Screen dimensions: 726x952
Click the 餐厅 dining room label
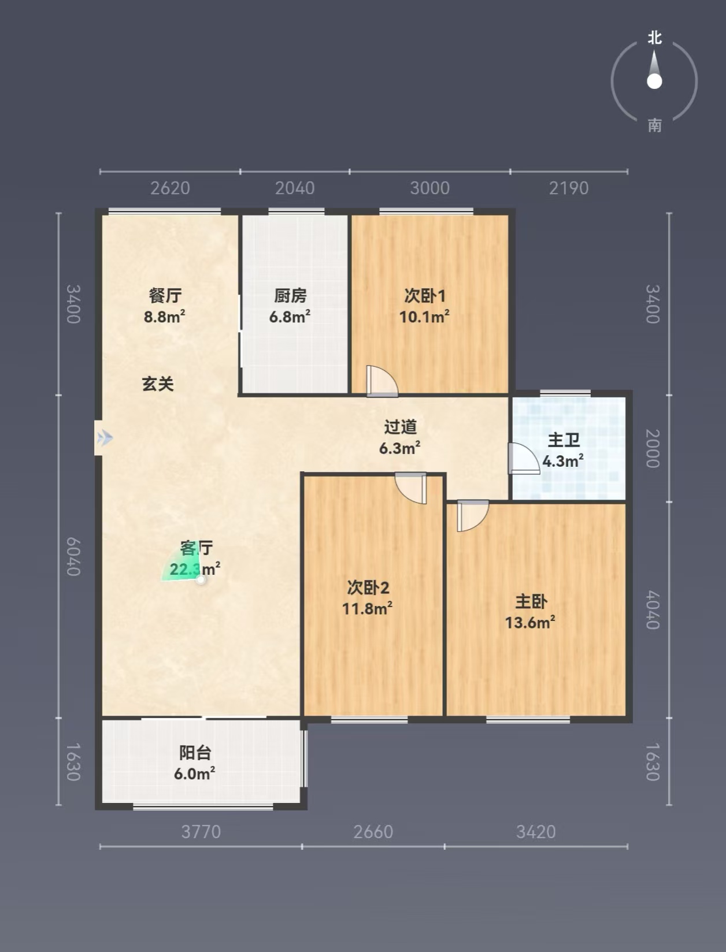(165, 296)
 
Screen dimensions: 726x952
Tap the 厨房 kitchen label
(290, 296)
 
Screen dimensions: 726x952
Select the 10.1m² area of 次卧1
(424, 317)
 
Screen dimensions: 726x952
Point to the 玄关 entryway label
(158, 384)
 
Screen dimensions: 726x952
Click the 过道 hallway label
(400, 427)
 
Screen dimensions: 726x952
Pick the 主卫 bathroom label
(563, 440)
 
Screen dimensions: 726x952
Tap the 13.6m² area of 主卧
(530, 623)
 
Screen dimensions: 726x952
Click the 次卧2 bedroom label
(368, 587)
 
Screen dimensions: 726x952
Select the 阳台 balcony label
(195, 753)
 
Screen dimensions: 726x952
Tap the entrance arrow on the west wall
(105, 438)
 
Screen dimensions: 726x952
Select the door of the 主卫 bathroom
(524, 459)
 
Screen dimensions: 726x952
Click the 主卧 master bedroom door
(473, 516)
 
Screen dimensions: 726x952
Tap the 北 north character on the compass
(654, 38)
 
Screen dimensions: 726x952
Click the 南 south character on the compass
(654, 126)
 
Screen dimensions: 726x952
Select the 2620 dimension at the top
(170, 188)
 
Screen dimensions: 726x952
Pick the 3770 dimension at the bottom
(201, 832)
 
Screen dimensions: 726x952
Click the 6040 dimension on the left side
(73, 556)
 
